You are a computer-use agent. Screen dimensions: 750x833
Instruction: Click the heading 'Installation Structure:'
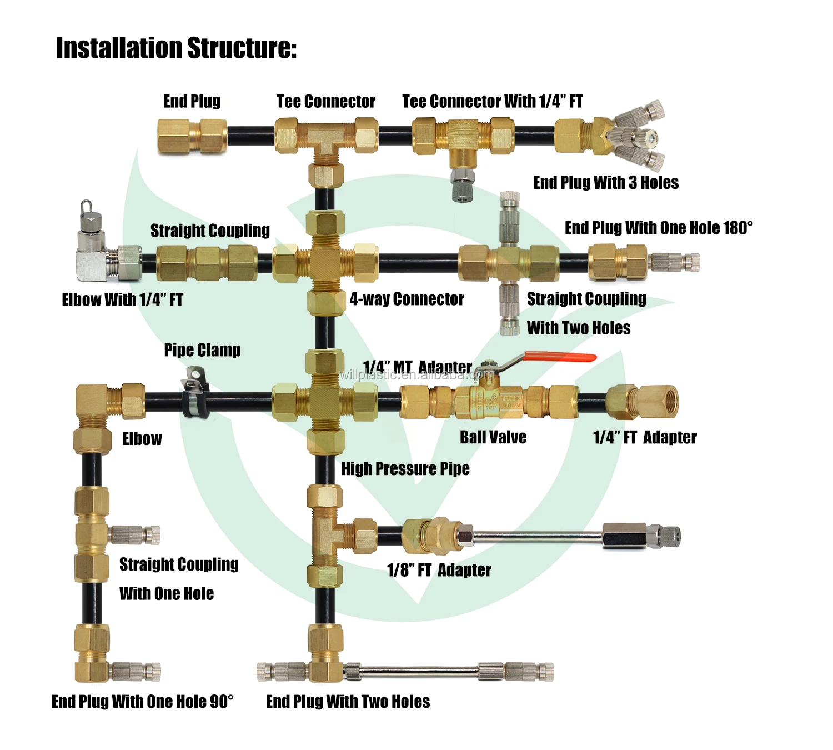[x=176, y=48]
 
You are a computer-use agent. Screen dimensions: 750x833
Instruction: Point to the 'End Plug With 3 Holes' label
[x=606, y=183]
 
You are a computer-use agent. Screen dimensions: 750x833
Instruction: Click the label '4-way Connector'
[x=407, y=299]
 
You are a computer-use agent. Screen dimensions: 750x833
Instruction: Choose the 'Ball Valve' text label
[x=493, y=437]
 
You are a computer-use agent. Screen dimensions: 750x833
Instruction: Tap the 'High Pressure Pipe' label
[x=405, y=469]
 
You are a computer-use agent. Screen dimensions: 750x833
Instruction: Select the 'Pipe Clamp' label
[x=202, y=350]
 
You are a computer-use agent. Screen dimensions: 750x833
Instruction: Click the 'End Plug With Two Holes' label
[x=348, y=702]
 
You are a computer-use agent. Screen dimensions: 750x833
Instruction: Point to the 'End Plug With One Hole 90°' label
[x=143, y=702]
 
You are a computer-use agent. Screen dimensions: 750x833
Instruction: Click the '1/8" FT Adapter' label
[x=439, y=570]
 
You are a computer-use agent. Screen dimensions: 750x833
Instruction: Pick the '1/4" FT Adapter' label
[x=645, y=437]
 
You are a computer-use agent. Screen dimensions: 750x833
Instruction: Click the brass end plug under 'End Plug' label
[x=192, y=136]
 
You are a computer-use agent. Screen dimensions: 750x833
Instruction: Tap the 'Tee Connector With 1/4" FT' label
[x=493, y=101]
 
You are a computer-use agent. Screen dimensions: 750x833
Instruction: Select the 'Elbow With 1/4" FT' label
[x=122, y=300]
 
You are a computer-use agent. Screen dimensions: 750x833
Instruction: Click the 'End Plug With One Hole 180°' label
[x=659, y=228]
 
